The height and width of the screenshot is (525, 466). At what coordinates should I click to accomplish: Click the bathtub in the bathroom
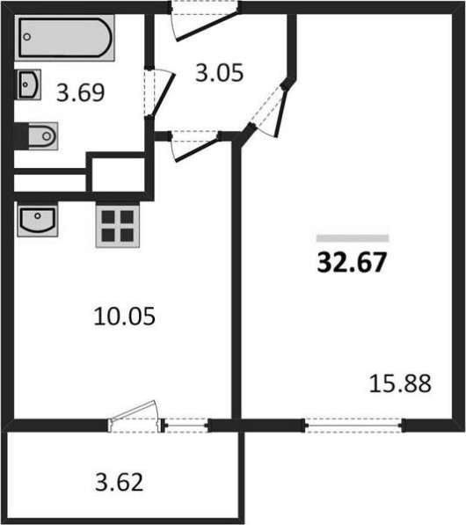64,38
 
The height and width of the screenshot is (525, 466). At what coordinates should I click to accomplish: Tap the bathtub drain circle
27,37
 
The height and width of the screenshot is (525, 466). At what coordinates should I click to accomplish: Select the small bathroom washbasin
29,84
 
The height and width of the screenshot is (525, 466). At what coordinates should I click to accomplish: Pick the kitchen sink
38,220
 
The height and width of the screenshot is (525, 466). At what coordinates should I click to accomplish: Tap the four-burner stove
118,226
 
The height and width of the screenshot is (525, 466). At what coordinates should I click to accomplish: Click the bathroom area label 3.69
80,92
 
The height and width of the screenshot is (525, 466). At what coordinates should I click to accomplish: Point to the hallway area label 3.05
219,73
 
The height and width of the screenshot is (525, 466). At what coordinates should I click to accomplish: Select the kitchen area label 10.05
124,317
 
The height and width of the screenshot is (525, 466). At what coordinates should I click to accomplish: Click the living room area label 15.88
400,383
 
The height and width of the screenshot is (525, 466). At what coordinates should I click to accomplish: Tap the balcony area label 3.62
120,482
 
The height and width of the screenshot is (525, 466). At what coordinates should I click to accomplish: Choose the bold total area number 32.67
352,262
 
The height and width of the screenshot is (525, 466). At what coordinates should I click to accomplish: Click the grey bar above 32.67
353,238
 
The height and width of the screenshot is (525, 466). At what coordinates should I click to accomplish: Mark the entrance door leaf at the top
208,26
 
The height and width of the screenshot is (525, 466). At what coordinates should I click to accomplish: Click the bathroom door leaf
164,94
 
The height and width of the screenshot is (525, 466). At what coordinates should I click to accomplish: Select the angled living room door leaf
281,112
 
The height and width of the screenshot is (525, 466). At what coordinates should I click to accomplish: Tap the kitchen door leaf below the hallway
196,149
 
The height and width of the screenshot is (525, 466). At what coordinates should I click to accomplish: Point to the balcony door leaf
134,410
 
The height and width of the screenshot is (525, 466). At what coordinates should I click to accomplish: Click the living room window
353,426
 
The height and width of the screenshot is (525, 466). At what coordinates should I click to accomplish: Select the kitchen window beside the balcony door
186,426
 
